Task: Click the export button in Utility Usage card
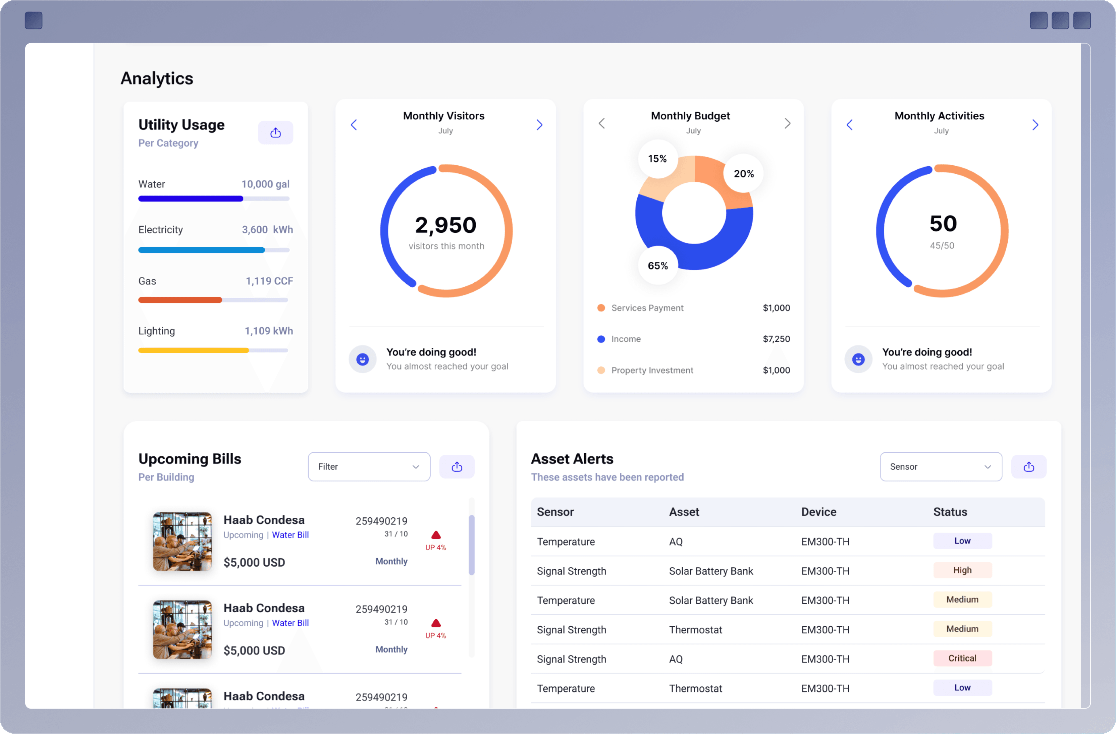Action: (275, 133)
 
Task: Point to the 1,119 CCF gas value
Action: (269, 281)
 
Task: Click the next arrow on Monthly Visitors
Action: (539, 125)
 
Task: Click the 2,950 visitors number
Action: (445, 225)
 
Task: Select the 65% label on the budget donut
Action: (657, 266)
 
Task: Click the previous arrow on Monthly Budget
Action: (602, 123)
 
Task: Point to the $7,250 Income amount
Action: (776, 339)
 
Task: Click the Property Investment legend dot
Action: (601, 370)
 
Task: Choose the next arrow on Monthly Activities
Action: (1035, 125)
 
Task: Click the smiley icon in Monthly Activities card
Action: (858, 359)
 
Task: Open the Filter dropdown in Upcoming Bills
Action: (369, 467)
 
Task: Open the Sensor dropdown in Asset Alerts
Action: (940, 467)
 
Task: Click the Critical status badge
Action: (962, 659)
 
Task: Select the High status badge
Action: (962, 570)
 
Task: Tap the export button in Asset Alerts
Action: (1028, 467)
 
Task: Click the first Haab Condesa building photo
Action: (182, 541)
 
